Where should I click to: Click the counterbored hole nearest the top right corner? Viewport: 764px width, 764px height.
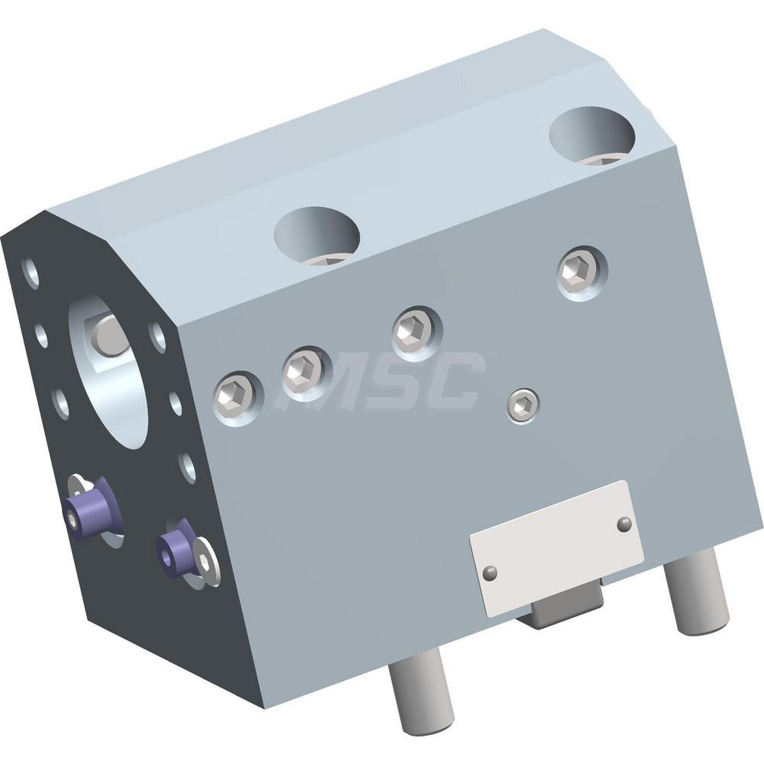coord(592,134)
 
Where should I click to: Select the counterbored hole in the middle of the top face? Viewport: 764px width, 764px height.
coord(317,235)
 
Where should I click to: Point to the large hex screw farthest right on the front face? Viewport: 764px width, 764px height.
coord(578,270)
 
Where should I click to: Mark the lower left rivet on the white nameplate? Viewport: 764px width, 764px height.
coord(490,571)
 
